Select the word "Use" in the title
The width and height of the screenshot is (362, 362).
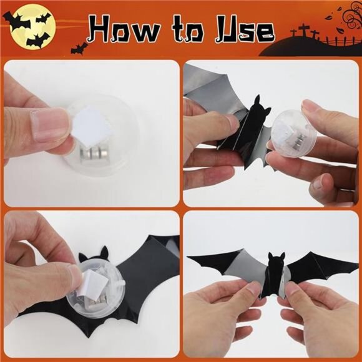(241, 29)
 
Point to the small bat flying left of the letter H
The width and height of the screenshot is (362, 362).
(80, 47)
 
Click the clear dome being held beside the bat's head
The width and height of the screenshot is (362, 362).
(290, 132)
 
